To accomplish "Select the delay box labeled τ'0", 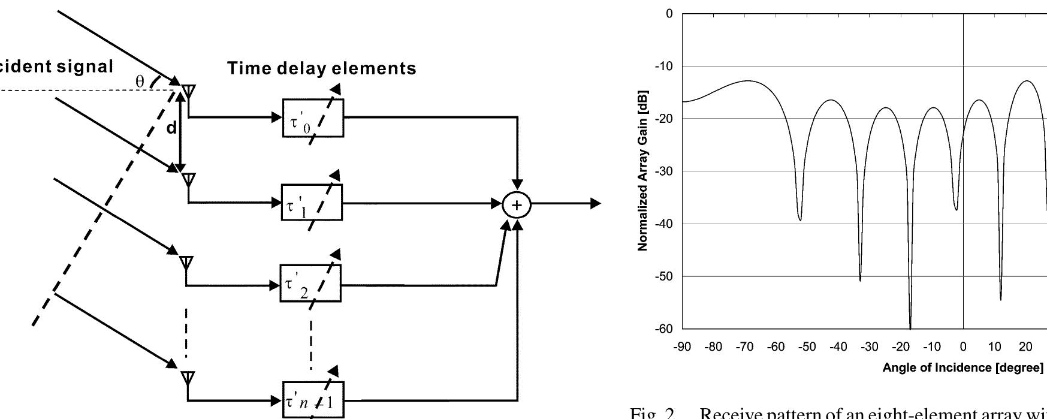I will pos(313,117).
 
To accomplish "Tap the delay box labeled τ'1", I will pos(312,203).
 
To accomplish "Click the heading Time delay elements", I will pos(321,68).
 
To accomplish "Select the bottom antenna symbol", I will pos(188,378).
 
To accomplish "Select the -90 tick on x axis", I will pos(682,347).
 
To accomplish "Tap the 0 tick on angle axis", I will pos(963,347).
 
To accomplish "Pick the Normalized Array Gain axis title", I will pos(642,171).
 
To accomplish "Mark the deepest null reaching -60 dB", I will pos(910,327).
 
